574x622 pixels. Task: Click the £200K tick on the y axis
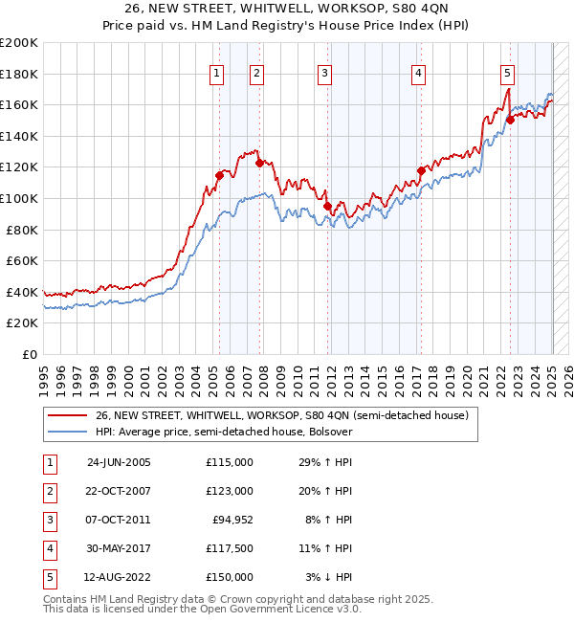pos(19,43)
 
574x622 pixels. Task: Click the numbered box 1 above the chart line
pos(217,73)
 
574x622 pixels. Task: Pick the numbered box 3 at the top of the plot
pos(325,73)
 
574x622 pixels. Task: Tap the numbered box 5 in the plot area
pos(507,73)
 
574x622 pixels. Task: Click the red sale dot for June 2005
pos(219,175)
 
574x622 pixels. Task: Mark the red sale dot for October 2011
pos(327,206)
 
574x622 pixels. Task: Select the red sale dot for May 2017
pos(420,171)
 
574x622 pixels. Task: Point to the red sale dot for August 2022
pos(510,120)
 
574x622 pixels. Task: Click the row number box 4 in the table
pos(48,548)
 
